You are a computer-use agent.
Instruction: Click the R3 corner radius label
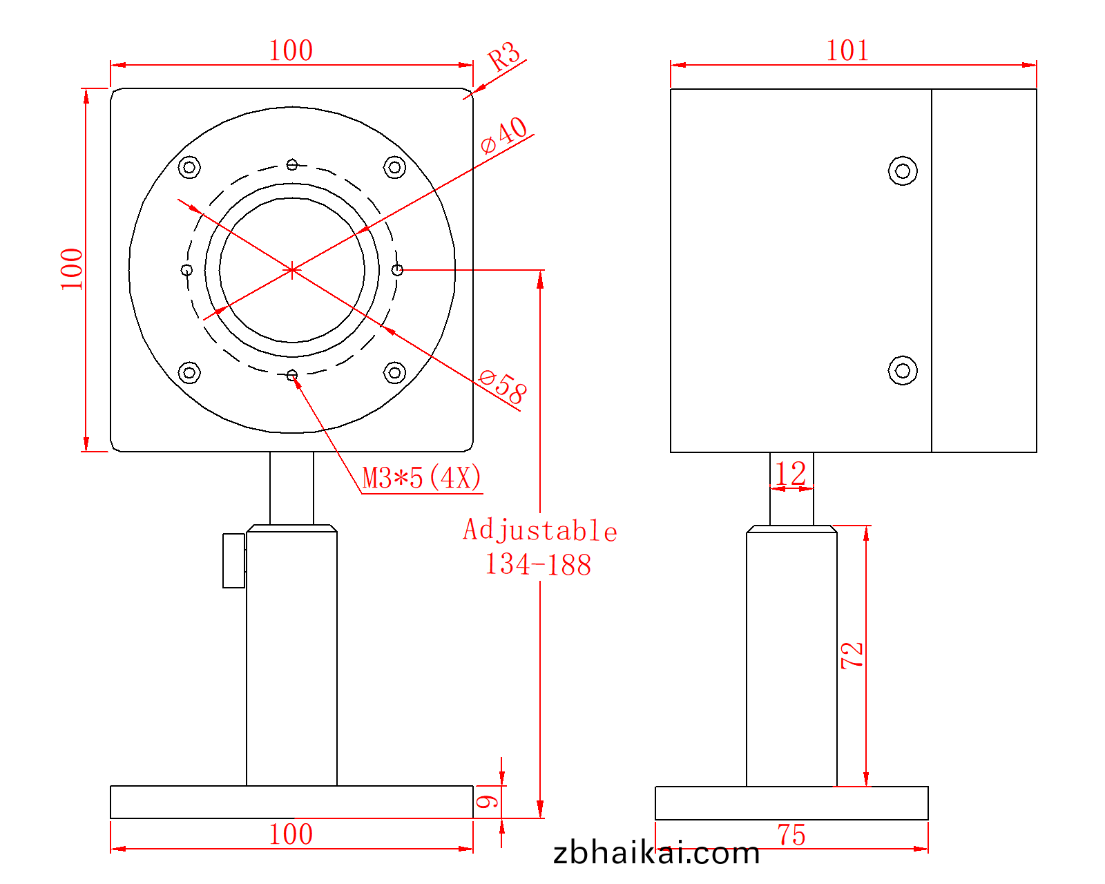(x=503, y=57)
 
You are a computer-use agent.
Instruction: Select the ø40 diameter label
(x=504, y=135)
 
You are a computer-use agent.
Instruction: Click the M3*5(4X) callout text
(x=421, y=477)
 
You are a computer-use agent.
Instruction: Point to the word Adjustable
(x=539, y=530)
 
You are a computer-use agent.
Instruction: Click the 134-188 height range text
(x=538, y=564)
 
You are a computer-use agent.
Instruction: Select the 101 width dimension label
(x=847, y=51)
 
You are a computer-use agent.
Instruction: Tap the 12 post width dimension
(x=791, y=473)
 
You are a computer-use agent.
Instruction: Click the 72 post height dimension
(x=852, y=655)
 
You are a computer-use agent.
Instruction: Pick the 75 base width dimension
(x=791, y=835)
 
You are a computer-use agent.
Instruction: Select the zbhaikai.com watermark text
(x=656, y=853)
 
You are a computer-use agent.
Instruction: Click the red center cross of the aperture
(x=291, y=270)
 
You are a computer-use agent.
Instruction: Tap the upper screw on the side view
(x=903, y=171)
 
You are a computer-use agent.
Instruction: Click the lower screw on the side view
(x=903, y=370)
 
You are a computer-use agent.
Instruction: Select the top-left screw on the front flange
(x=189, y=167)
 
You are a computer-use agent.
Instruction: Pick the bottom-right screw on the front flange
(x=394, y=372)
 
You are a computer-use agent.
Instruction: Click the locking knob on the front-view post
(x=233, y=560)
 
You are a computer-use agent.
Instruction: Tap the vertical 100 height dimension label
(x=72, y=269)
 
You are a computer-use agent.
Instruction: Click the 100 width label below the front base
(x=291, y=834)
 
